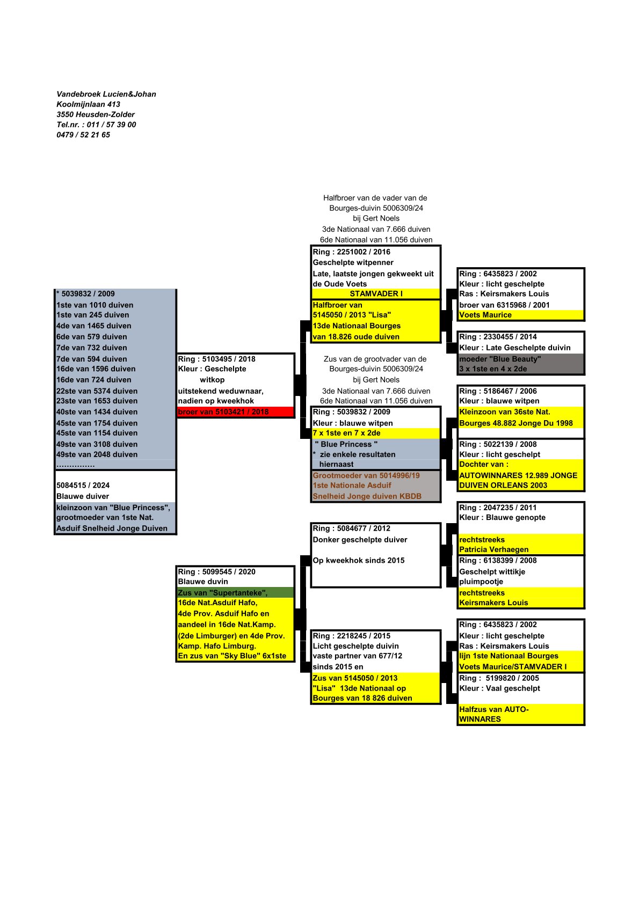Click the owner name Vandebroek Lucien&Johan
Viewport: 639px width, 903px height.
tap(106, 94)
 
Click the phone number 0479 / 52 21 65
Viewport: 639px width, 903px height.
tap(83, 135)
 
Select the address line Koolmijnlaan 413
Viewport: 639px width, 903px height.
tap(88, 104)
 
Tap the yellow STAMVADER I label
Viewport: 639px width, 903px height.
tap(376, 293)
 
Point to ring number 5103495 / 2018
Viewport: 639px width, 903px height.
tap(216, 359)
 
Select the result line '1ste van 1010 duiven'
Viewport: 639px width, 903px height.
tap(95, 305)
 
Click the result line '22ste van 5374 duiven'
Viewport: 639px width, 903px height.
tap(97, 391)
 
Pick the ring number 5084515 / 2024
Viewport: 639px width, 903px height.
tap(83, 485)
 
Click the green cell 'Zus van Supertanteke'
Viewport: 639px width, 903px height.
tap(223, 592)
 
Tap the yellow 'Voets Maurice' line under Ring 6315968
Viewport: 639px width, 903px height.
tap(485, 315)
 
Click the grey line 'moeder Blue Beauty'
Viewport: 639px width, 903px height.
tap(500, 359)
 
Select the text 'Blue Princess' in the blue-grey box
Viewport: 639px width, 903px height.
tap(346, 444)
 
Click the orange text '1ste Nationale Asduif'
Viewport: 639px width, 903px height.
tap(352, 485)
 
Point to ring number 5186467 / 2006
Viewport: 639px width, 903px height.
tap(498, 391)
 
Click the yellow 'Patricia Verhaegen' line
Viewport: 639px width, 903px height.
tap(493, 549)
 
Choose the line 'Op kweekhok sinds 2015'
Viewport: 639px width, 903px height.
tap(359, 560)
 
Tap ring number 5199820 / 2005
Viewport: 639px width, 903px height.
tap(499, 678)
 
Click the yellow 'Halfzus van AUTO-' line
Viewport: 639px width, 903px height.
tap(493, 709)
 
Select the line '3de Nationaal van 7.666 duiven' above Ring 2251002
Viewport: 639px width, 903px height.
tap(376, 229)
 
